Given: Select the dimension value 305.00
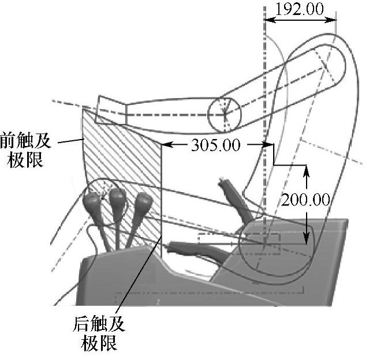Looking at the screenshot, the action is (215, 145).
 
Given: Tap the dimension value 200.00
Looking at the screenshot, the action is (306, 200).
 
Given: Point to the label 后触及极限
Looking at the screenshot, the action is (99, 333).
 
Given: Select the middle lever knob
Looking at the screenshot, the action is (117, 198).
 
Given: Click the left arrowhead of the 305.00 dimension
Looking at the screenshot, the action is (165, 145).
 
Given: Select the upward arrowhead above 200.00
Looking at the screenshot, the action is (306, 171).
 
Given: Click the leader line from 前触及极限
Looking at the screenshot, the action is (72, 141).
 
